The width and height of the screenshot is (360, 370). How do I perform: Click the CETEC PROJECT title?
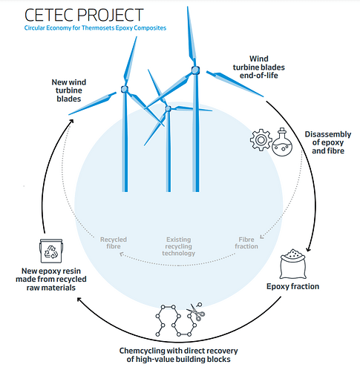pos(84,15)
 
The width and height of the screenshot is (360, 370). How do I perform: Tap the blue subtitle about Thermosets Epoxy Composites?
pos(95,28)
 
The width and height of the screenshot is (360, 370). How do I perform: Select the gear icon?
pos(261,140)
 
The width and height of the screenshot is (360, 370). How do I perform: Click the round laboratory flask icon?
pos(282,142)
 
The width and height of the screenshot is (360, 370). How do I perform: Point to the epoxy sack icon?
pos(292,264)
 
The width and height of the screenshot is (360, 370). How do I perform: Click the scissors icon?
pos(196,312)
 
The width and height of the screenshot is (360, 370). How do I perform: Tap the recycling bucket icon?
pos(51,251)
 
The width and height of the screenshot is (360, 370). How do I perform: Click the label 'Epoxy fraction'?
pos(292,286)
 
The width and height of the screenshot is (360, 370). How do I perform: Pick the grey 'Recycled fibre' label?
pos(114,243)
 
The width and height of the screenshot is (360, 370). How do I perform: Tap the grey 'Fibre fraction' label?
pos(246,243)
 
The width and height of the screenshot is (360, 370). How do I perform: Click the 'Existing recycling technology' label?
pos(179,246)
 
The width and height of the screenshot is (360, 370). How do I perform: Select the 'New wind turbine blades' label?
pos(69,90)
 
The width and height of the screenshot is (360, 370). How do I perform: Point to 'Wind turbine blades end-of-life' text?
pos(259,67)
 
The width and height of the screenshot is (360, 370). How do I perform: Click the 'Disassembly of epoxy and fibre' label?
pos(328,142)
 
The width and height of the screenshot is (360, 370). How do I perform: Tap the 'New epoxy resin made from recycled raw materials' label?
pos(51,280)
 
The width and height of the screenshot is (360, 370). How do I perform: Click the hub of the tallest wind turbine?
pos(195,70)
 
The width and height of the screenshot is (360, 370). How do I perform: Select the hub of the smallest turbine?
pos(168,108)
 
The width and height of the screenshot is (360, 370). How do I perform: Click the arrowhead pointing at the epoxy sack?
pos(308,249)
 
